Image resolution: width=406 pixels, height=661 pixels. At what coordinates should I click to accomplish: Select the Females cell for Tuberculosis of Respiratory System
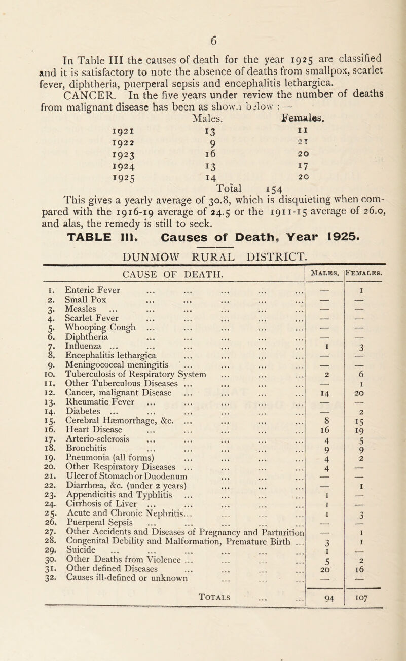[x=371, y=384]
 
